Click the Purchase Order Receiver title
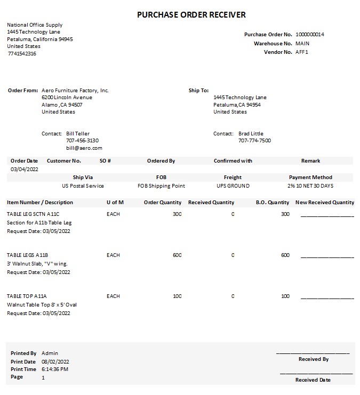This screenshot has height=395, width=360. [x=191, y=14]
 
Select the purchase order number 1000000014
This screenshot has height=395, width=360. [x=309, y=35]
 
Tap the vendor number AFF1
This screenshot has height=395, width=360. [x=302, y=52]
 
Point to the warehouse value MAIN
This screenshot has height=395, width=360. [x=302, y=43]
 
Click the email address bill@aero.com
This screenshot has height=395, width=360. [x=84, y=148]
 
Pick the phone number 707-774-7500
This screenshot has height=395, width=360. [x=254, y=141]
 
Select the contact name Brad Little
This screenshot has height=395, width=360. [x=251, y=134]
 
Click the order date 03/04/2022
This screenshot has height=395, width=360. [x=25, y=169]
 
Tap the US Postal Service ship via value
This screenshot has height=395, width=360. [x=83, y=186]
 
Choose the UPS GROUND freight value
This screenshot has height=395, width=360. [x=233, y=186]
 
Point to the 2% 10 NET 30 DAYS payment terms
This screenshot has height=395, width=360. [x=310, y=186]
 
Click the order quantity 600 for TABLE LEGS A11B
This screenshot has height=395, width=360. [x=177, y=255]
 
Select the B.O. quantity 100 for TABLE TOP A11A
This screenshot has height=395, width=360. [x=285, y=296]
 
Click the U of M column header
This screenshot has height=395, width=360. [x=115, y=203]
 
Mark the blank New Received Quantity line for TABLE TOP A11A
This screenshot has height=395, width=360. [x=327, y=298]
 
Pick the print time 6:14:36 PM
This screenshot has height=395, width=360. [x=55, y=369]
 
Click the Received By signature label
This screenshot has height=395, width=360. [x=313, y=359]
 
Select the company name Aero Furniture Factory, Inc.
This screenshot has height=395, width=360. [x=75, y=91]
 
